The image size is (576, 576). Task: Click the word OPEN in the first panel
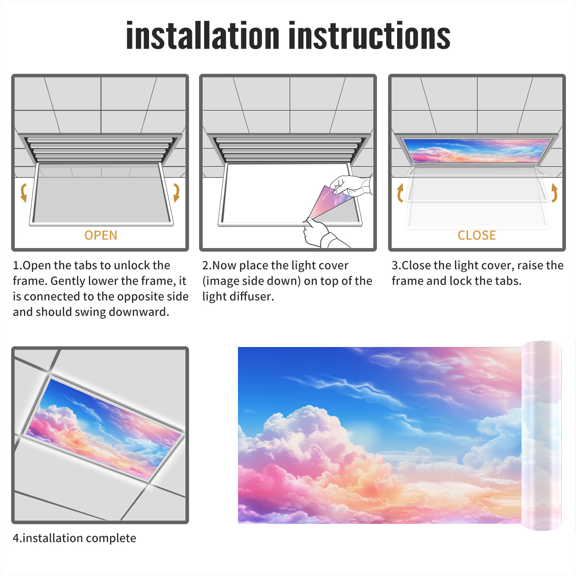[x=101, y=235]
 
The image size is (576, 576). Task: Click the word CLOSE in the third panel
[x=477, y=235]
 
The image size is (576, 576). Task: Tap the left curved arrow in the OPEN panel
[x=24, y=193]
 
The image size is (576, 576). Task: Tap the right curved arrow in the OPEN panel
[x=176, y=193]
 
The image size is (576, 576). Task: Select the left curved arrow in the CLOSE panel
[x=400, y=193]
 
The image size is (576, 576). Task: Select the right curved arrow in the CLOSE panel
[x=554, y=193]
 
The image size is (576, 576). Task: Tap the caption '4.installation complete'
[x=75, y=538]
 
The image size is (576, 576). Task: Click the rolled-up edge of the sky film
[x=541, y=436]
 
